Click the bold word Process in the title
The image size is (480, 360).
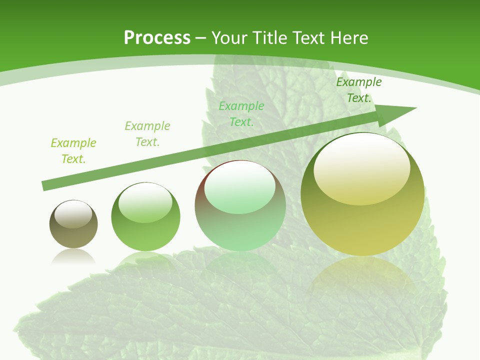tap(157, 38)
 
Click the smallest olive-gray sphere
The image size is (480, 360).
tap(73, 224)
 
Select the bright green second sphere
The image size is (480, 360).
tap(145, 217)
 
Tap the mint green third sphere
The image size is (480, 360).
tap(240, 205)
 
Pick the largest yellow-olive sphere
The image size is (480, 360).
tap(362, 194)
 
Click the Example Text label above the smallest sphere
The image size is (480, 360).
tap(73, 151)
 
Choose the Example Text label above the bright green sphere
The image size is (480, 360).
tap(147, 134)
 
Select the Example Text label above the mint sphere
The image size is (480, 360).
tap(241, 114)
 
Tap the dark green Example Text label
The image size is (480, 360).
tap(359, 90)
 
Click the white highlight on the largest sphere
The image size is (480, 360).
tap(361, 169)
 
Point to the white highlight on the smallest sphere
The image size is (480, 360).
tap(73, 214)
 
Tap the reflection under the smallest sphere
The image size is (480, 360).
tap(73, 256)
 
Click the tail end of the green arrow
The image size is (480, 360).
tap(46, 185)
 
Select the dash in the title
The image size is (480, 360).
tap(201, 38)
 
